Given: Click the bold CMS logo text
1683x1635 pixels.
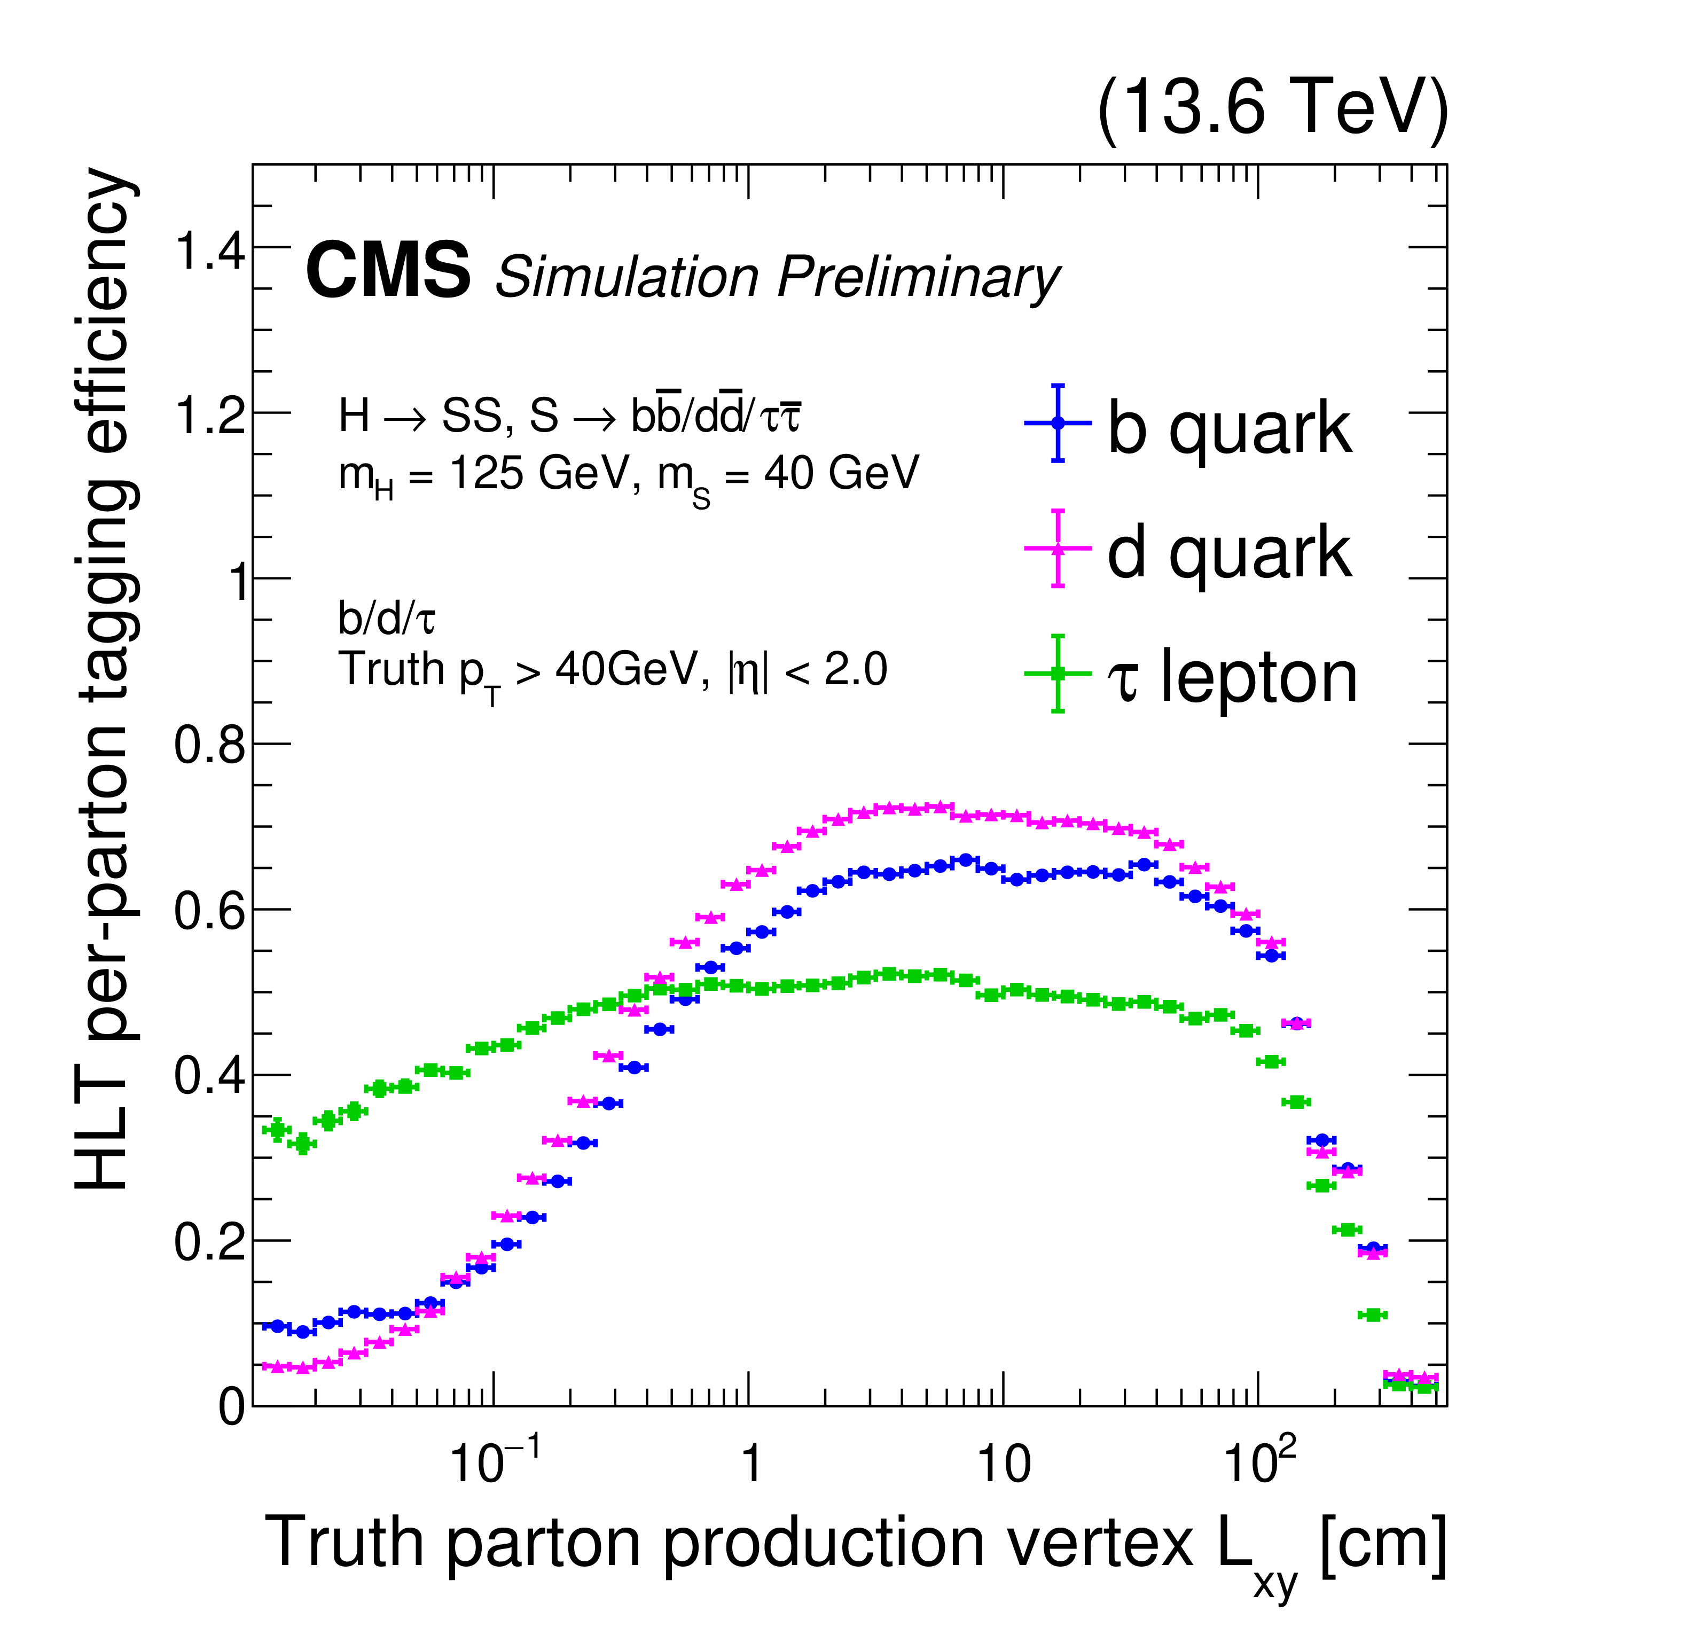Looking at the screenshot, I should click(388, 270).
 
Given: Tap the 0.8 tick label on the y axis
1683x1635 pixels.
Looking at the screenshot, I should click(210, 745).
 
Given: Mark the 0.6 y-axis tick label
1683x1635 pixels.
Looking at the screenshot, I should click(210, 911).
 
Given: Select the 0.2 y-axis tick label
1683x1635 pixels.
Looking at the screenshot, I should click(210, 1242).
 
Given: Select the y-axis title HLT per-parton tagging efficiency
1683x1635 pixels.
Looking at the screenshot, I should click(103, 678).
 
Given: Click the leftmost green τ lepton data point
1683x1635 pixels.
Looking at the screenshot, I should click(277, 1129).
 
